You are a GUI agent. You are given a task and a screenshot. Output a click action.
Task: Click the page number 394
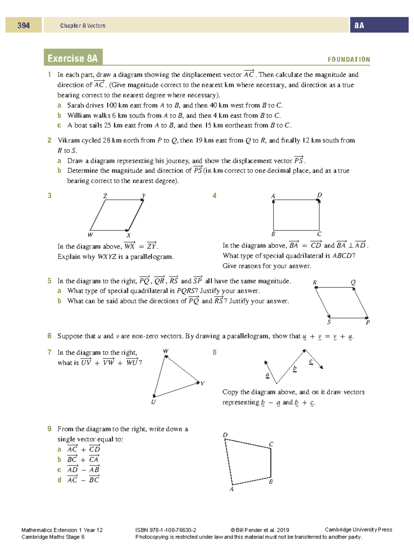[23, 25]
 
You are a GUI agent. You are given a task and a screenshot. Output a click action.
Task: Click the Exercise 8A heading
[73, 58]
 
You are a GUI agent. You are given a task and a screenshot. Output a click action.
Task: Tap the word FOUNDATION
[348, 60]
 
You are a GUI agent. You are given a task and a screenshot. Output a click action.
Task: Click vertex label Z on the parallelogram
[105, 196]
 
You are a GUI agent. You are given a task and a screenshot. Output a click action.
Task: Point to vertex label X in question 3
[129, 235]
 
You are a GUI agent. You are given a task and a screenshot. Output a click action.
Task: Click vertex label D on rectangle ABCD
[319, 195]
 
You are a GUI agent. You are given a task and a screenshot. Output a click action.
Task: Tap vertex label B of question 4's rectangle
[273, 234]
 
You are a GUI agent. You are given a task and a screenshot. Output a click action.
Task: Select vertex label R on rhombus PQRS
[315, 283]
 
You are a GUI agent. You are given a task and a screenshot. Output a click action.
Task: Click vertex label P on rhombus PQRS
[368, 323]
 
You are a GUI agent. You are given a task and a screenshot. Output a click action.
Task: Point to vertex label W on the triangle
[166, 351]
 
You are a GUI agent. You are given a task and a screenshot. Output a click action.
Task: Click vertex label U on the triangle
[154, 402]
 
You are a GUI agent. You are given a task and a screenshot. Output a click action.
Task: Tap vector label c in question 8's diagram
[311, 362]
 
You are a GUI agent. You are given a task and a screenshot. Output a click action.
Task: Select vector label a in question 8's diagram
[267, 375]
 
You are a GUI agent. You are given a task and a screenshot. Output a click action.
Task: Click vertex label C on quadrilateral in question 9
[271, 444]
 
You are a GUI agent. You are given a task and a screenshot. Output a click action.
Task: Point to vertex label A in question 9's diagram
[231, 489]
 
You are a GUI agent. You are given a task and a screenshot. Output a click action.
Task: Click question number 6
[49, 336]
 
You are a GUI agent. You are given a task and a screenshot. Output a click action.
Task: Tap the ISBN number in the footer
[166, 530]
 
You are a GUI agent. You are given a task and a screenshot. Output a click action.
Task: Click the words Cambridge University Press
[358, 530]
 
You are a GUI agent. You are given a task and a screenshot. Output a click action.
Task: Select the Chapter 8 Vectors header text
[82, 26]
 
